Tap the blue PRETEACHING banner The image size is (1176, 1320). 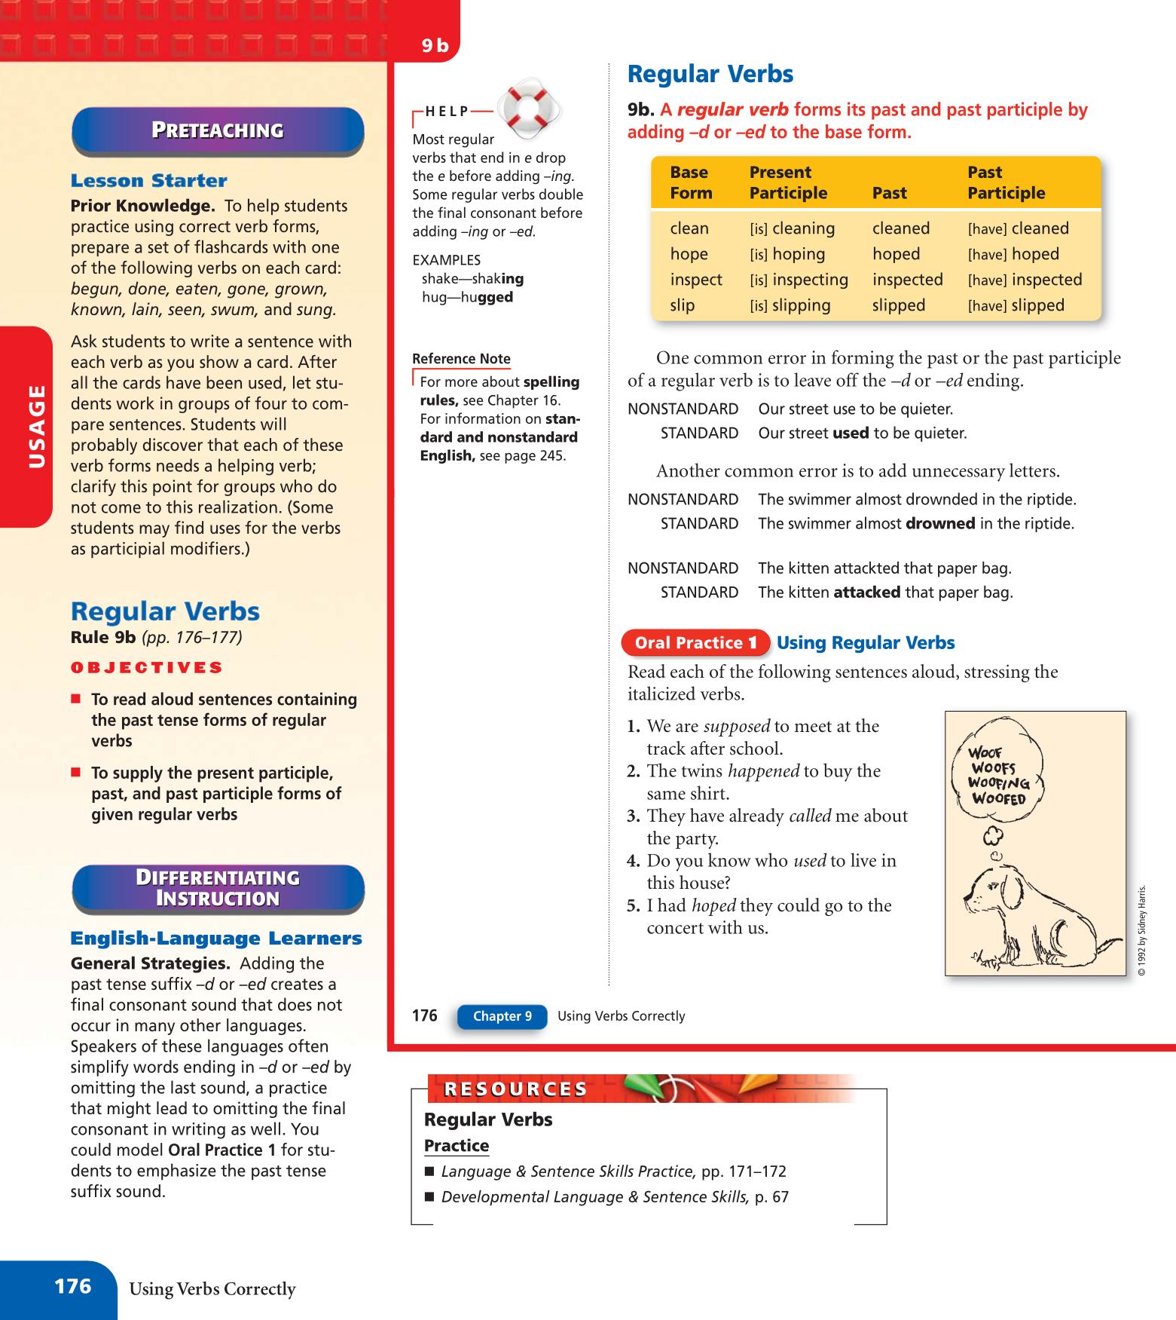point(218,130)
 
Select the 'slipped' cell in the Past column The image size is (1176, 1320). point(898,305)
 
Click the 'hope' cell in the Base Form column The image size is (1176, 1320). point(689,254)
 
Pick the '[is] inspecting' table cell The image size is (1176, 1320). point(799,280)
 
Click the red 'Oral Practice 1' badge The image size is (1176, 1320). point(695,643)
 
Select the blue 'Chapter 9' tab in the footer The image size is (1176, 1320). point(502,1016)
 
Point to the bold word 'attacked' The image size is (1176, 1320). point(866,593)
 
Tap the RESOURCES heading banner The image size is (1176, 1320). point(506,1089)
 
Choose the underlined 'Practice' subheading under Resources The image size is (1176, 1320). point(457,1146)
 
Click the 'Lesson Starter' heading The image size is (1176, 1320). point(148,181)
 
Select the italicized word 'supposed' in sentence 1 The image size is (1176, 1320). point(736,727)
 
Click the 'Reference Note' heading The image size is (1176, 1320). point(461,359)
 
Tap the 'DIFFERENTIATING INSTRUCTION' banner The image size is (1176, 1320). point(218,888)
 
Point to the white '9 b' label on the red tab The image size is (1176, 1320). point(435,47)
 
